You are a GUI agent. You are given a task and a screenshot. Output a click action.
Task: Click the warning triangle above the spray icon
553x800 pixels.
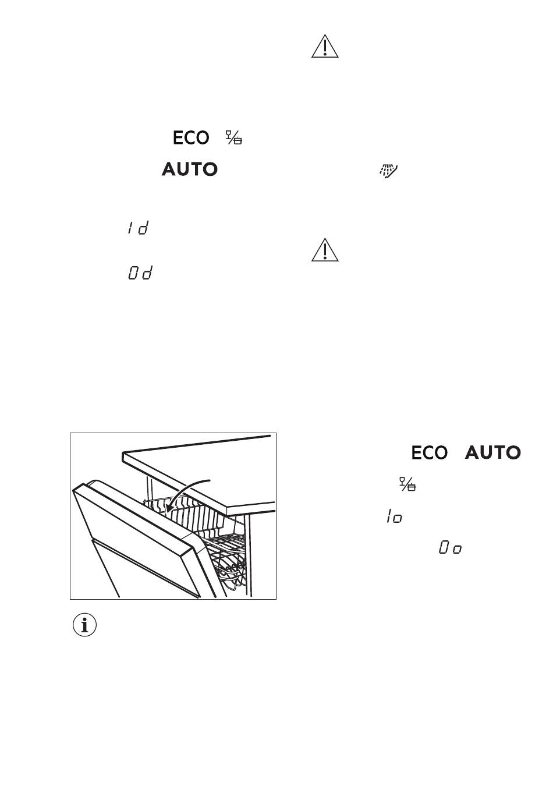(x=324, y=47)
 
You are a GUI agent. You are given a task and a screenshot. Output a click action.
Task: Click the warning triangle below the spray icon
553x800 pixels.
(x=324, y=250)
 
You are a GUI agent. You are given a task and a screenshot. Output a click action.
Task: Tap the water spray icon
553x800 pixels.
(x=388, y=171)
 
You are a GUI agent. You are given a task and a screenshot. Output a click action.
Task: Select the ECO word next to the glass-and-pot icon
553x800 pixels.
(x=191, y=138)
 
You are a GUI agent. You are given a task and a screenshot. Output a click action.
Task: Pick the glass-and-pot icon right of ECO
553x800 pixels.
(x=234, y=137)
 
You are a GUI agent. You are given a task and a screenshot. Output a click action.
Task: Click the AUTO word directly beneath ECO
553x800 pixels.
(x=190, y=169)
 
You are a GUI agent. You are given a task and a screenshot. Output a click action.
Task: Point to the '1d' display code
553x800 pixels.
(x=138, y=228)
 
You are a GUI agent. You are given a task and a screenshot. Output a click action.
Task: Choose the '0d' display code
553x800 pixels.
(x=140, y=272)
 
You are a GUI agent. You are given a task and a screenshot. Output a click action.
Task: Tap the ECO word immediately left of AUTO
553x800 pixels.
(x=429, y=453)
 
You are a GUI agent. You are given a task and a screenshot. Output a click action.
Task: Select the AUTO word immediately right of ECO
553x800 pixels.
(x=493, y=452)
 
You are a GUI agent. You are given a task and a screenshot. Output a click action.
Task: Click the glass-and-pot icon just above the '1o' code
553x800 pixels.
(x=407, y=484)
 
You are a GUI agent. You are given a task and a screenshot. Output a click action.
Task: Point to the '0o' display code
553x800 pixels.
(x=450, y=547)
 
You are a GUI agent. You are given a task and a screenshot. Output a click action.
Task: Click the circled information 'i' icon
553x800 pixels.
(x=84, y=625)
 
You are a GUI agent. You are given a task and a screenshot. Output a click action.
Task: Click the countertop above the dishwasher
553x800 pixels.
(x=200, y=472)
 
